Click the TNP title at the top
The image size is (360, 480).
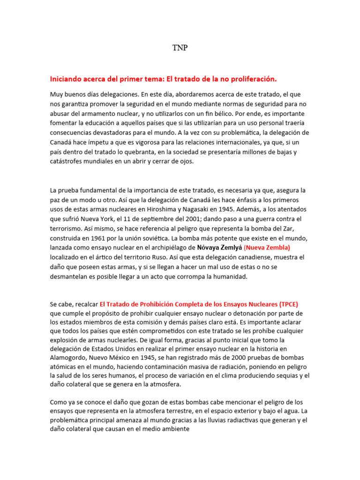(x=180, y=48)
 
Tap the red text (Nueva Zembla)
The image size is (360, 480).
(x=267, y=247)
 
